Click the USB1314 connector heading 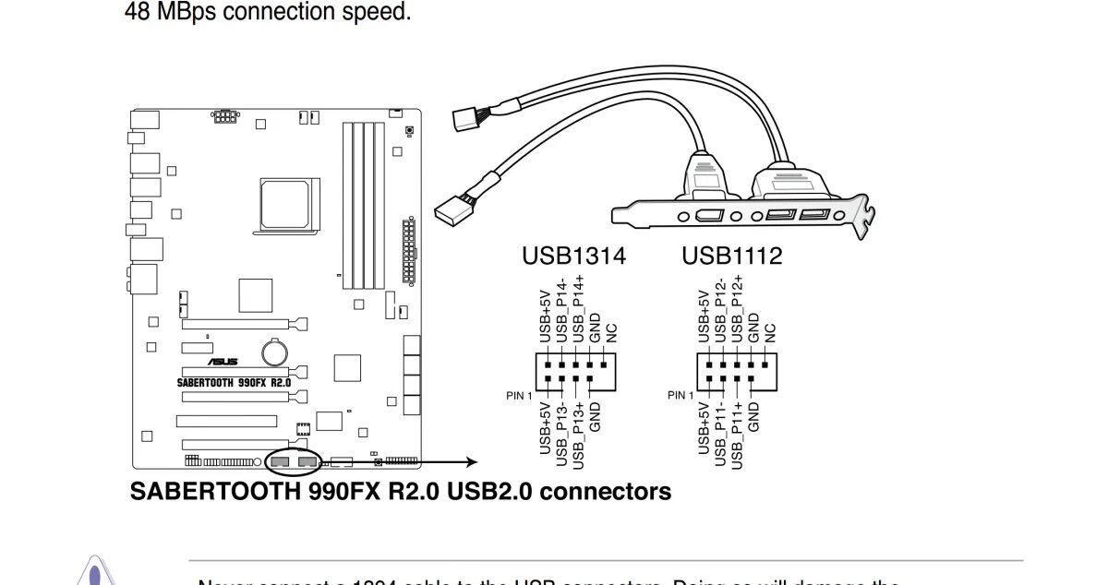point(572,256)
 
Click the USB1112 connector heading point(731,256)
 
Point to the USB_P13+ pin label point(578,432)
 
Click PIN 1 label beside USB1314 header point(520,396)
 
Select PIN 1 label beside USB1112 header point(680,396)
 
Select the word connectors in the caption point(605,491)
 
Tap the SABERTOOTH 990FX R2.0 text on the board point(234,381)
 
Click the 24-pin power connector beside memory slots point(408,251)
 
